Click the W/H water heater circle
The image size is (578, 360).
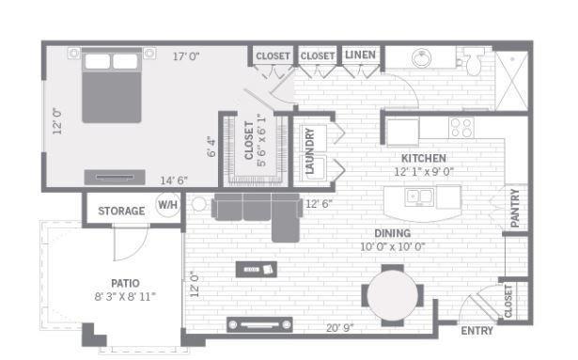click(167, 204)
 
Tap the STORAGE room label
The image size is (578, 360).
click(121, 211)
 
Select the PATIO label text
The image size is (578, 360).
click(125, 283)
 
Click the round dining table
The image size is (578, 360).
click(393, 295)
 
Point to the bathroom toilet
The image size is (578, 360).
click(474, 61)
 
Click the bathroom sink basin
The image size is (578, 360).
click(421, 58)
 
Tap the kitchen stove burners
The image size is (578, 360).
click(461, 128)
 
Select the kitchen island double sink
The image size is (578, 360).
click(419, 197)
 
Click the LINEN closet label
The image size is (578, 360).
click(360, 55)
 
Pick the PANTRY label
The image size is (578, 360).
click(515, 208)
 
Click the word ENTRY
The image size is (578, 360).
click(477, 331)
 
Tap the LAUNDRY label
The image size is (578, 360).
click(309, 150)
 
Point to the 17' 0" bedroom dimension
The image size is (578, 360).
click(186, 56)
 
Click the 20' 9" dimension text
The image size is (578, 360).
click(340, 327)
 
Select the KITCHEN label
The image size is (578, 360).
click(424, 159)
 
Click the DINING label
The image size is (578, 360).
click(393, 233)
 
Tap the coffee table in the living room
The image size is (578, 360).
click(257, 269)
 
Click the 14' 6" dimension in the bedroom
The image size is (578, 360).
click(174, 180)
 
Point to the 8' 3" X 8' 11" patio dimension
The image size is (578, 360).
click(125, 297)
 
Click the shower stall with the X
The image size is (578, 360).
click(511, 81)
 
